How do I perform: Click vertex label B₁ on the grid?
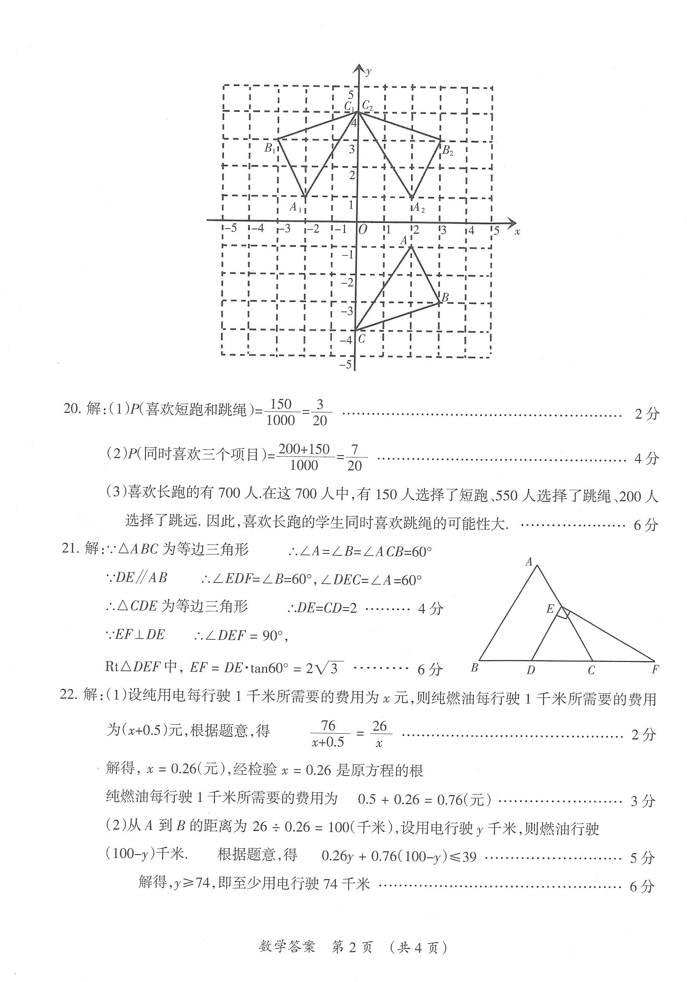(270, 149)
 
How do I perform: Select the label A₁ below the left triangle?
(296, 208)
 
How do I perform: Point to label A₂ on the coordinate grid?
(419, 208)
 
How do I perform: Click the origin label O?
(362, 230)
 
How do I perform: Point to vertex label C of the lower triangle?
(362, 339)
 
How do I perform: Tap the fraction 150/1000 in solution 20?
(281, 412)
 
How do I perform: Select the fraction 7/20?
(354, 458)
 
